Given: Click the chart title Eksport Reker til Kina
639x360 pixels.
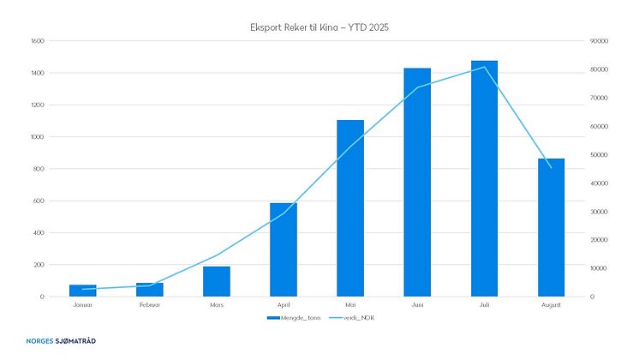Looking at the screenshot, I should pyautogui.click(x=319, y=27).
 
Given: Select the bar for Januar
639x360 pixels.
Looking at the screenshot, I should pyautogui.click(x=82, y=291).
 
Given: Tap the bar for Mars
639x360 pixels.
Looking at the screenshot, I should pyautogui.click(x=217, y=281).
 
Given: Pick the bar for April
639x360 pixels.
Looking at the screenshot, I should pyautogui.click(x=284, y=249).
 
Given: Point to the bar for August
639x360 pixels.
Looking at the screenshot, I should pyautogui.click(x=551, y=227).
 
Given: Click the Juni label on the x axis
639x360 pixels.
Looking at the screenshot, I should pyautogui.click(x=417, y=303).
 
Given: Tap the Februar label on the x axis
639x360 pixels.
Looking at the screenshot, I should pyautogui.click(x=149, y=303).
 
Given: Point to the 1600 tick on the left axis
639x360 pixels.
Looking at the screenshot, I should pyautogui.click(x=37, y=41).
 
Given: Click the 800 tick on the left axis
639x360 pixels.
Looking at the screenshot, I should pyautogui.click(x=39, y=169).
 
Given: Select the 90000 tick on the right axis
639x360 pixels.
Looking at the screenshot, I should pyautogui.click(x=599, y=41).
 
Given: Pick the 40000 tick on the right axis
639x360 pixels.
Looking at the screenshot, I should pyautogui.click(x=599, y=183).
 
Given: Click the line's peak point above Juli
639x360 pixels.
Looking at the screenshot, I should pyautogui.click(x=484, y=67).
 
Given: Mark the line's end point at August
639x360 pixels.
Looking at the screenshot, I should pyautogui.click(x=551, y=167).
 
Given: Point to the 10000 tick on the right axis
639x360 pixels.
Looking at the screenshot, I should pyautogui.click(x=599, y=268).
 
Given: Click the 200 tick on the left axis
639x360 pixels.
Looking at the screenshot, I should pyautogui.click(x=39, y=265).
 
